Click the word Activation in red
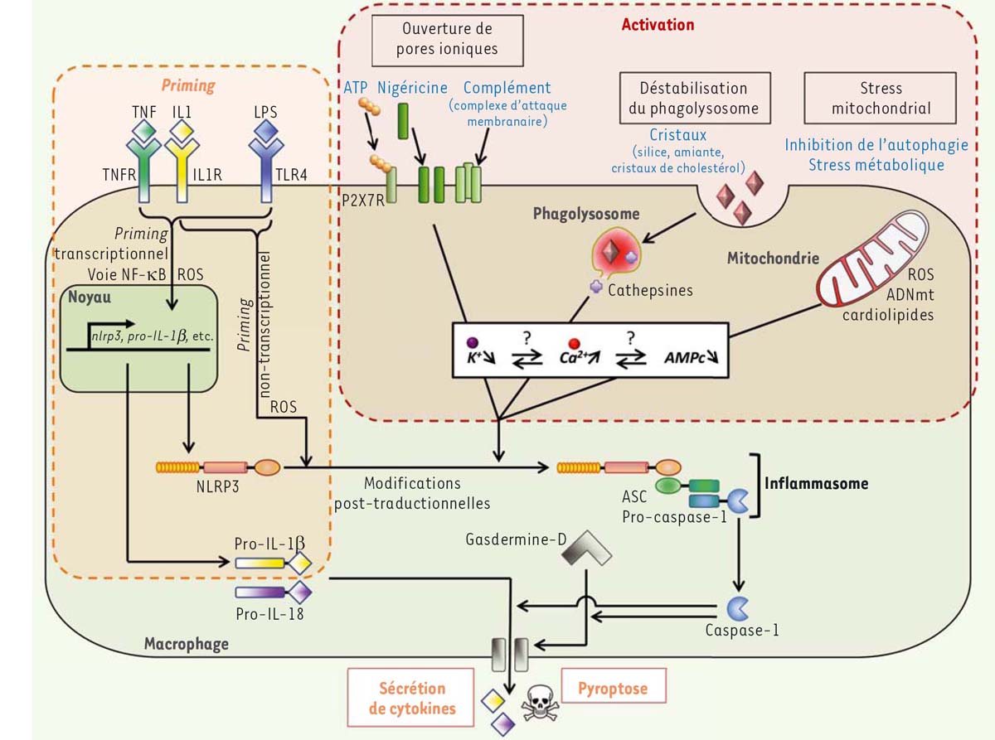[658, 25]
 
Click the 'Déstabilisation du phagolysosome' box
[694, 98]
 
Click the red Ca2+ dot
[571, 342]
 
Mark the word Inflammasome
[816, 482]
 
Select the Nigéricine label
[412, 87]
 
